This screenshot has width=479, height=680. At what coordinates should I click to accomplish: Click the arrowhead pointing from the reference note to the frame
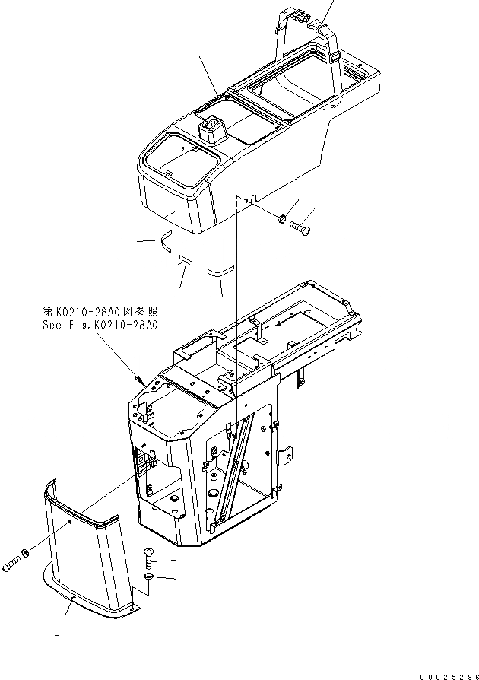click(138, 379)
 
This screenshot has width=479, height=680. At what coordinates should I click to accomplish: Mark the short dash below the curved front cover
click(57, 633)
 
